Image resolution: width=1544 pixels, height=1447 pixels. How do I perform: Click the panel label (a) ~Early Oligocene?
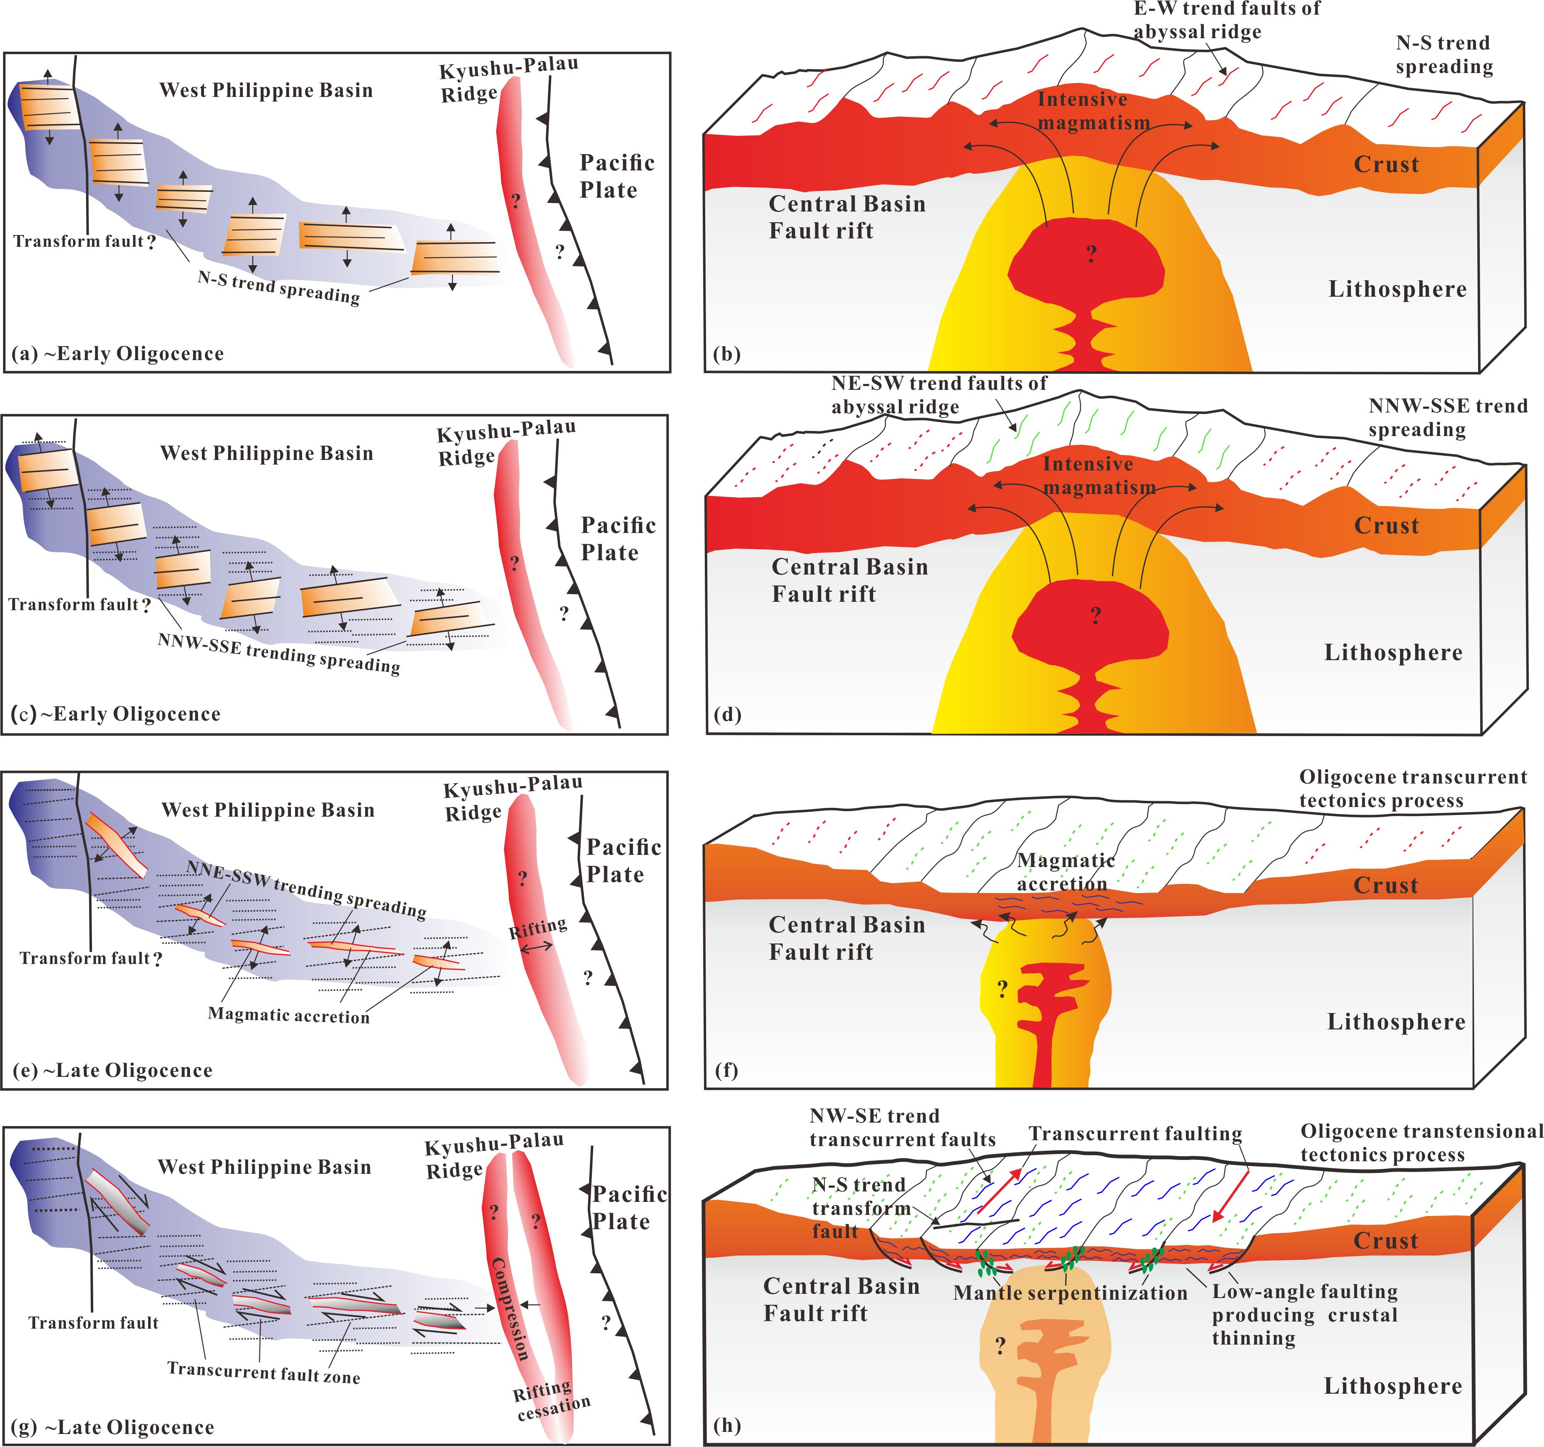click(118, 354)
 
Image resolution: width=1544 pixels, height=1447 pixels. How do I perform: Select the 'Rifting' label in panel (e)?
click(537, 927)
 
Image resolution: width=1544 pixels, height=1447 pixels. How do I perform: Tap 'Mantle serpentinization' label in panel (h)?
click(1070, 1293)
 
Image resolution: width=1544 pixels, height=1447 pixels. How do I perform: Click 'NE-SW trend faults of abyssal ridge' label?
click(938, 395)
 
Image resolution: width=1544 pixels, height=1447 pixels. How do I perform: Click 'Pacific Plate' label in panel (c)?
click(618, 539)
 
